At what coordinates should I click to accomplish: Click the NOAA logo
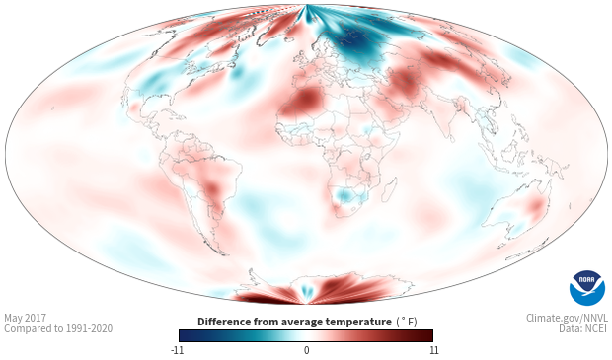pyautogui.click(x=587, y=288)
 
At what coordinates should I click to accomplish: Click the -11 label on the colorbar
pyautogui.click(x=177, y=350)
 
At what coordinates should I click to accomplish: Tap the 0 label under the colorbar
pyautogui.click(x=306, y=350)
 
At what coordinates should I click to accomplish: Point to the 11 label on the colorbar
pyautogui.click(x=433, y=350)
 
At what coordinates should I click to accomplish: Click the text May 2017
pyautogui.click(x=25, y=318)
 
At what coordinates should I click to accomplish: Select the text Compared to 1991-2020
pyautogui.click(x=58, y=328)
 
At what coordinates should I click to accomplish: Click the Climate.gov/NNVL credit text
pyautogui.click(x=567, y=318)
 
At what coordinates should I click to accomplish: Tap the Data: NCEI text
pyautogui.click(x=583, y=328)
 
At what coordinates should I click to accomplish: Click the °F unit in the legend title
pyautogui.click(x=407, y=322)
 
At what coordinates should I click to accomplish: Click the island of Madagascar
pyautogui.click(x=389, y=189)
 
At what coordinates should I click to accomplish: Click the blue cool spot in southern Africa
pyautogui.click(x=344, y=195)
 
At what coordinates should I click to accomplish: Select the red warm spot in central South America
pyautogui.click(x=212, y=188)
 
